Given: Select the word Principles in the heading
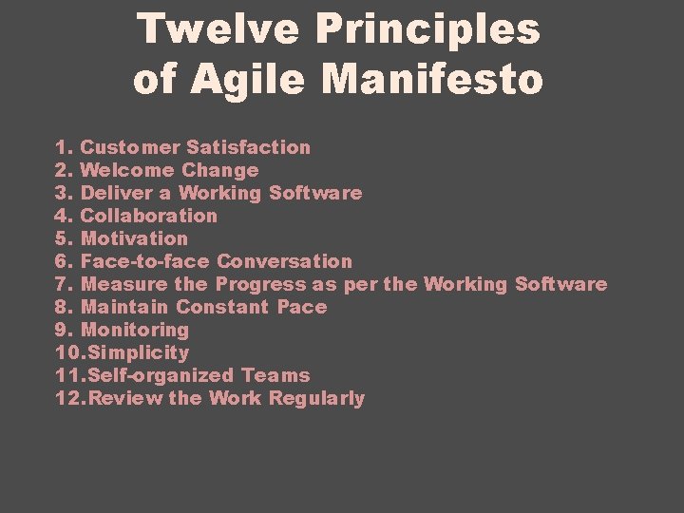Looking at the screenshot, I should coord(428,29).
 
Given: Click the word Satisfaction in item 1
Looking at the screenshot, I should coord(248,147).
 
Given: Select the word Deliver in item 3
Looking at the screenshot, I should coord(115,193).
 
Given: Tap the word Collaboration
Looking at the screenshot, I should coord(149,216).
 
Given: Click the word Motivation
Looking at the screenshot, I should coord(135,238).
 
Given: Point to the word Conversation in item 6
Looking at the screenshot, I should coord(284,261).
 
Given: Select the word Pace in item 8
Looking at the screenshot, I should coord(302,307).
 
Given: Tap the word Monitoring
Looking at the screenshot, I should coord(135,330).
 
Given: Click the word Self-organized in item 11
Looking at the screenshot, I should coord(158,375).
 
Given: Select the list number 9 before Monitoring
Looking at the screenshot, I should coord(62,330).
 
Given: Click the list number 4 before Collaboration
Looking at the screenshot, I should coord(62,216).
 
